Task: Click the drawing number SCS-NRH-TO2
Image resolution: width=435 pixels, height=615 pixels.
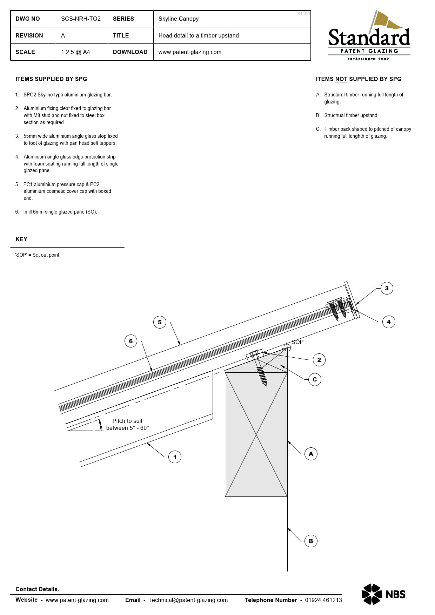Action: [81, 19]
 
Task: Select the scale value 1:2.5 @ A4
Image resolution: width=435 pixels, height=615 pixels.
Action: [75, 52]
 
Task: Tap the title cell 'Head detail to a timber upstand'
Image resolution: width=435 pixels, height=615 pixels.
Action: [199, 35]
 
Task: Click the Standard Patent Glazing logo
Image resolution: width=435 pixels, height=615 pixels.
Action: [369, 36]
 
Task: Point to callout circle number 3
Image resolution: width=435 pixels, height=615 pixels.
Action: [387, 288]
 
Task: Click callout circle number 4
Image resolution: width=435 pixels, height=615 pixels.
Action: [388, 322]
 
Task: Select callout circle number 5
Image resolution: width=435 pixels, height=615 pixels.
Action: [160, 322]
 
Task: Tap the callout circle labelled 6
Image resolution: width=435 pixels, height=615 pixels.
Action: [131, 341]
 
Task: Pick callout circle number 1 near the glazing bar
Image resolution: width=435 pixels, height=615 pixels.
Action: [175, 457]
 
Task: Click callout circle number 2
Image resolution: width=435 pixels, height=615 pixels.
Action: [319, 360]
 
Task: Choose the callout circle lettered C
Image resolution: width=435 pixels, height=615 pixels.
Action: [315, 379]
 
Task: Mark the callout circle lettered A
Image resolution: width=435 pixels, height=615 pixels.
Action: [311, 454]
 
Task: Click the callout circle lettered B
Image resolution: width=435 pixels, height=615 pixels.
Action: [311, 541]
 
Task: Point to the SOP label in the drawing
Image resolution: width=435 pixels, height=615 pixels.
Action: [297, 342]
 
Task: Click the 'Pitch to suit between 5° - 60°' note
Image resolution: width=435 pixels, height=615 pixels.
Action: [127, 424]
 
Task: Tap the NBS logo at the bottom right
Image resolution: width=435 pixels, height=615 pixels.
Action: [383, 594]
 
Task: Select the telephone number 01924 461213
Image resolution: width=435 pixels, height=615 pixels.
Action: [323, 600]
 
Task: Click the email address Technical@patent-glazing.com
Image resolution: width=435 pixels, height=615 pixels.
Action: [188, 600]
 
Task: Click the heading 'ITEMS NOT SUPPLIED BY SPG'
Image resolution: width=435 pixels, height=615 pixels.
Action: [359, 79]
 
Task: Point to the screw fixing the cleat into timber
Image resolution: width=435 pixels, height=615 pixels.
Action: [262, 375]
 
